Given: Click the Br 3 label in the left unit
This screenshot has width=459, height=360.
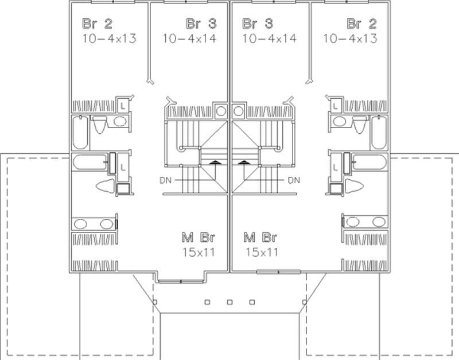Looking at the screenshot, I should tap(201, 24).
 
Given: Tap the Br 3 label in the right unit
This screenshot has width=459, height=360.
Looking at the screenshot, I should tap(257, 24).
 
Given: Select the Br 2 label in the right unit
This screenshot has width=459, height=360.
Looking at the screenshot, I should tap(362, 24).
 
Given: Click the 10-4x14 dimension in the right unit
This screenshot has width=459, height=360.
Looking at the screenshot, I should tap(269, 38).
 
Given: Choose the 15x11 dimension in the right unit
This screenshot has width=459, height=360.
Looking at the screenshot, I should tap(261, 251).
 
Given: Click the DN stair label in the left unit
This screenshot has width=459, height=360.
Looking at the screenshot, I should tap(165, 180).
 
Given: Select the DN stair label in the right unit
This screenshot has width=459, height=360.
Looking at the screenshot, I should tap(294, 180).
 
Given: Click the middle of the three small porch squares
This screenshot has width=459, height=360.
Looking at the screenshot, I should tap(229, 301).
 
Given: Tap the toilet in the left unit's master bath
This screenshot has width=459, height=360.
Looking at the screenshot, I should tap(104, 187).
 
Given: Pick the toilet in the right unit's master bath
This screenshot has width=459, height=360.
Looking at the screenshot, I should tap(355, 187).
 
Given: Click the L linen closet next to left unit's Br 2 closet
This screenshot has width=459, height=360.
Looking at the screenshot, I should tap(123, 105).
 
